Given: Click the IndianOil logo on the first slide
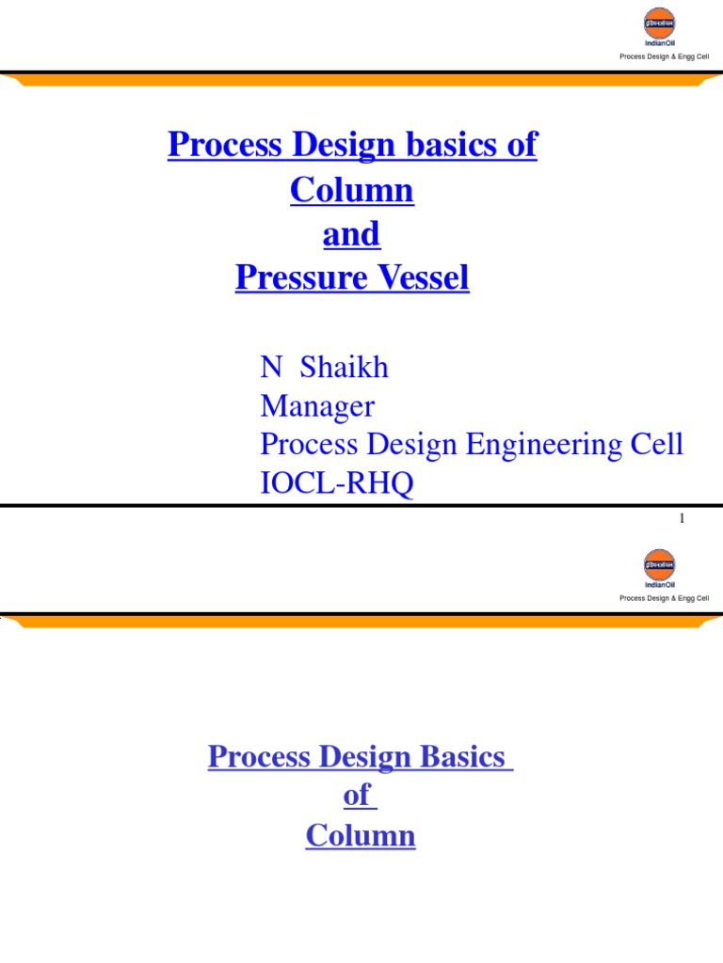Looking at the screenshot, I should [x=659, y=28].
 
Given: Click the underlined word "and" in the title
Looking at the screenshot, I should [x=351, y=234].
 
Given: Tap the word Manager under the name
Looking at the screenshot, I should [x=316, y=407].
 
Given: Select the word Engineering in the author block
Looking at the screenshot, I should [x=538, y=445].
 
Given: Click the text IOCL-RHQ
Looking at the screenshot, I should [x=336, y=485].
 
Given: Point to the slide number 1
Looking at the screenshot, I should [x=681, y=518].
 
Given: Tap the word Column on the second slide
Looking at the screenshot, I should [x=360, y=836].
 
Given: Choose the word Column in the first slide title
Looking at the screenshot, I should [x=351, y=191].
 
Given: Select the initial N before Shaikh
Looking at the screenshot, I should [x=270, y=368].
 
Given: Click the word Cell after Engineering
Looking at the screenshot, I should [x=656, y=445].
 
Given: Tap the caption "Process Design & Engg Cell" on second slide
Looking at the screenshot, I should [x=664, y=598].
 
